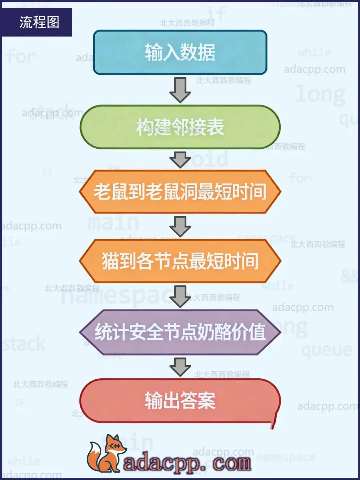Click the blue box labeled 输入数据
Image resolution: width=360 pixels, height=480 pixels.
point(180,52)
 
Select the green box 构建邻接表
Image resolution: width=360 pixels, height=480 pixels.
point(180,127)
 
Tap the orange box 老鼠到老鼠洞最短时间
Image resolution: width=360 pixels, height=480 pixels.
point(180,192)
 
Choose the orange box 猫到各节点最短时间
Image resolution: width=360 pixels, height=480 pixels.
point(180,261)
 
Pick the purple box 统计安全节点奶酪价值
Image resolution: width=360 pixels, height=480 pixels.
point(180,332)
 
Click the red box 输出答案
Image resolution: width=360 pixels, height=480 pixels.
point(180,401)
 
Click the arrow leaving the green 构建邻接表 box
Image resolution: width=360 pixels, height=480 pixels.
point(180,159)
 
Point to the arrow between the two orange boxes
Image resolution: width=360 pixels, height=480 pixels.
point(180,226)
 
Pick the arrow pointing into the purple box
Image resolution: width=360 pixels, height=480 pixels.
point(180,296)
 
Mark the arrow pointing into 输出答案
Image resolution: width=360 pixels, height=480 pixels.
point(180,367)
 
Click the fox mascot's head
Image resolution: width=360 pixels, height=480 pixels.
point(114,445)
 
